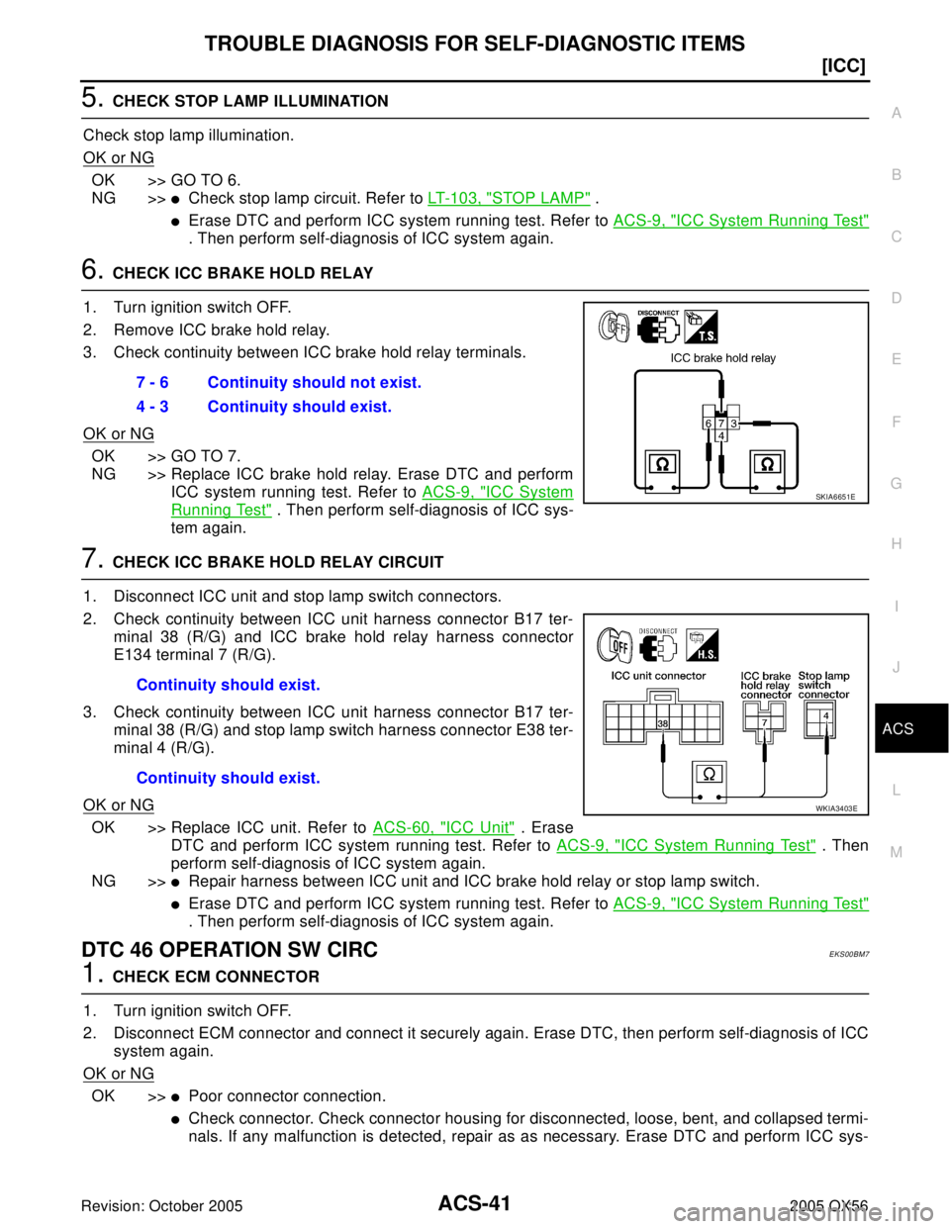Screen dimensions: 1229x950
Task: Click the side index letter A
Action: point(896,114)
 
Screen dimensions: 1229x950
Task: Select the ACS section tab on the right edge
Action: point(898,729)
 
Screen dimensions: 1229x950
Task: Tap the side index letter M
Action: point(897,851)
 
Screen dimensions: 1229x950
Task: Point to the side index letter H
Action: point(896,544)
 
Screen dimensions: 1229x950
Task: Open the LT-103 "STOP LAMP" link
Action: point(509,198)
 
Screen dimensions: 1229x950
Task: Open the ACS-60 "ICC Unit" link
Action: point(443,826)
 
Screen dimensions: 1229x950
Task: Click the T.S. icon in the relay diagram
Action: point(701,327)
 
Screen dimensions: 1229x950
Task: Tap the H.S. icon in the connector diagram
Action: point(702,645)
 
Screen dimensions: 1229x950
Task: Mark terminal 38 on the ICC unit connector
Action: point(661,723)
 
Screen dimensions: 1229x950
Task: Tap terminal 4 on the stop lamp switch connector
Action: point(825,715)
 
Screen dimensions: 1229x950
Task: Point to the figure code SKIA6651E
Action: point(835,496)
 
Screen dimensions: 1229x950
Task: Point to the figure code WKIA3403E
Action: point(835,807)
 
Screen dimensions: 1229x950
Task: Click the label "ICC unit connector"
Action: point(658,676)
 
